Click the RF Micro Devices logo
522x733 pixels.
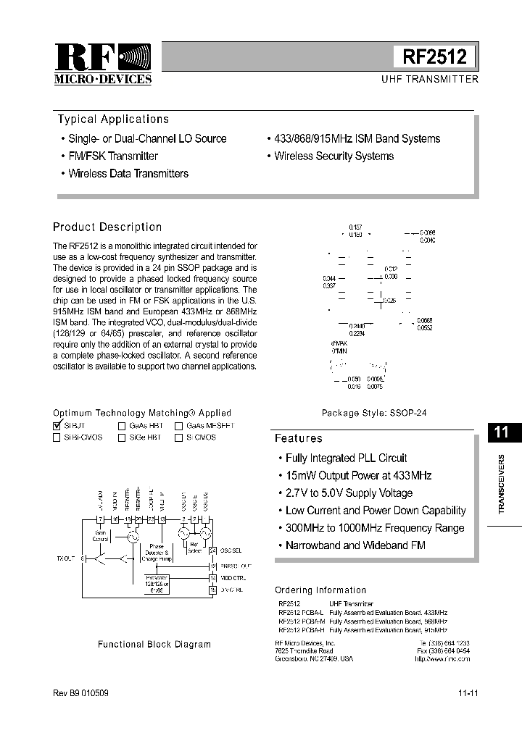pyautogui.click(x=102, y=64)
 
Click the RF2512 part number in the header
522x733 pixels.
pyautogui.click(x=435, y=57)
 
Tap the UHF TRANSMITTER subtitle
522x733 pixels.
pyautogui.click(x=429, y=79)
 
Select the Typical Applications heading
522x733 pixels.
pyautogui.click(x=113, y=120)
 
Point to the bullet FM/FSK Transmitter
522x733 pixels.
pyautogui.click(x=112, y=156)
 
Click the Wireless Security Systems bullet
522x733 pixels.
pyautogui.click(x=333, y=156)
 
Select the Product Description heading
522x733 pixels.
pyautogui.click(x=107, y=227)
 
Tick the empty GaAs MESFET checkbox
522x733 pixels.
pyautogui.click(x=178, y=427)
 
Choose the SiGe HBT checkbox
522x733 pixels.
pyautogui.click(x=122, y=437)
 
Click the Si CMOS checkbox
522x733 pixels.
pyautogui.click(x=178, y=437)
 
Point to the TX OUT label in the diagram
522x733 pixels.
pyautogui.click(x=66, y=558)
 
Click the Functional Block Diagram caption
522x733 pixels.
pyautogui.click(x=154, y=644)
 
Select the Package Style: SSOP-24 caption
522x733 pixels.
pyautogui.click(x=374, y=413)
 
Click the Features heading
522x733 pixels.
pyautogui.click(x=298, y=438)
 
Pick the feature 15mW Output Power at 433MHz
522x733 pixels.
pyautogui.click(x=358, y=475)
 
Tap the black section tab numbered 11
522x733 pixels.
pyautogui.click(x=500, y=432)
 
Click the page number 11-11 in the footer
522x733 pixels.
pyautogui.click(x=468, y=693)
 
